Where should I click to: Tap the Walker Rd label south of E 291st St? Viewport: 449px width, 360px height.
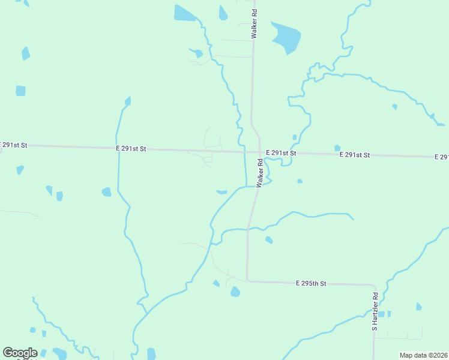[x=260, y=173]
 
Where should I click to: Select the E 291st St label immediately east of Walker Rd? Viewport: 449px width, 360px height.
[x=281, y=153]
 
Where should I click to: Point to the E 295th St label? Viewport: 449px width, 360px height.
[x=311, y=283]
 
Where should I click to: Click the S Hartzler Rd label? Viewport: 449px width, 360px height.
[x=375, y=311]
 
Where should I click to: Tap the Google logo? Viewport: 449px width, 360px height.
[x=20, y=353]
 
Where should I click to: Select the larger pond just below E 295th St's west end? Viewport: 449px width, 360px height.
[x=235, y=292]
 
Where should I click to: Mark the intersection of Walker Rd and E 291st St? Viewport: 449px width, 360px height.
[x=259, y=152]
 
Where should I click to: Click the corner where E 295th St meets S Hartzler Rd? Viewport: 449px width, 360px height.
[x=374, y=285]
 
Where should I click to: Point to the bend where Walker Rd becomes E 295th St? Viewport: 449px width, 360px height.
[x=247, y=280]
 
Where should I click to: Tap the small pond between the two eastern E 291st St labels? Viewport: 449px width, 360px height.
[x=337, y=148]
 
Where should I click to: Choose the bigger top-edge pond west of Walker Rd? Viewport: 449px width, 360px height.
[x=185, y=13]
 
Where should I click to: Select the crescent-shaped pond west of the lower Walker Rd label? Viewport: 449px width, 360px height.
[x=221, y=192]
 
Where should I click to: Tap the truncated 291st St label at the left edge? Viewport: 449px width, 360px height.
[x=13, y=145]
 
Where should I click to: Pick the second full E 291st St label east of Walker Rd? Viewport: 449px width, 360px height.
[x=354, y=155]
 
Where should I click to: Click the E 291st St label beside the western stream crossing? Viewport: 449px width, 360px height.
[x=131, y=148]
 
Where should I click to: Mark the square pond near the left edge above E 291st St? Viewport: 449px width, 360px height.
[x=20, y=91]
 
